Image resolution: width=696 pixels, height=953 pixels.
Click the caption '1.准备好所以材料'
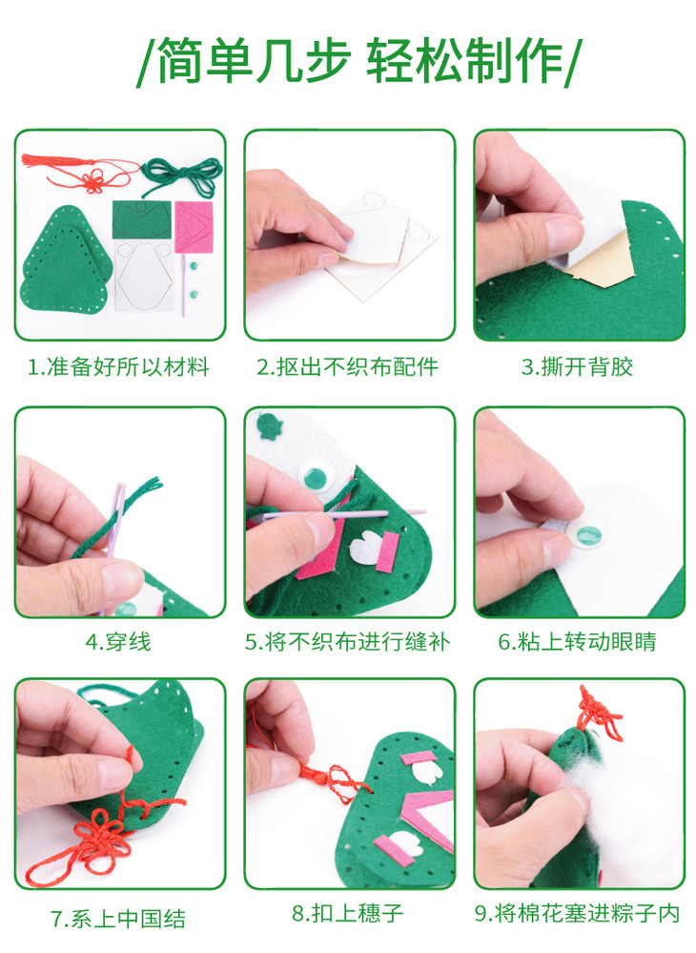(x=119, y=367)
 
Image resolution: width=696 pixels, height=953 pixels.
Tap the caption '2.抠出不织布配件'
(x=347, y=367)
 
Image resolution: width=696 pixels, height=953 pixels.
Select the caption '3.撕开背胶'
(x=577, y=367)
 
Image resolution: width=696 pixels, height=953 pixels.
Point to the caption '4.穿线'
(x=118, y=641)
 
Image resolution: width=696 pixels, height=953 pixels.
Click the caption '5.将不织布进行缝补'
(x=347, y=641)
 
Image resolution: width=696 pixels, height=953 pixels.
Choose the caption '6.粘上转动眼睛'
(x=577, y=641)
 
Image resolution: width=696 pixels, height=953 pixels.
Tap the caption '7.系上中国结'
(x=118, y=919)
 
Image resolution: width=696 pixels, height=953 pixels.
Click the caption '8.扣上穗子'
(x=347, y=912)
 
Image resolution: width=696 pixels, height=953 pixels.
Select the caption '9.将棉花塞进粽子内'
(x=577, y=912)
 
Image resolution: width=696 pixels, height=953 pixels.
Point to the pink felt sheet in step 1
(x=194, y=227)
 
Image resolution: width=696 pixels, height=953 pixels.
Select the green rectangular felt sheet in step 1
(x=141, y=220)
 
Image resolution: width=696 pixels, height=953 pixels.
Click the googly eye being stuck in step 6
(x=586, y=535)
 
